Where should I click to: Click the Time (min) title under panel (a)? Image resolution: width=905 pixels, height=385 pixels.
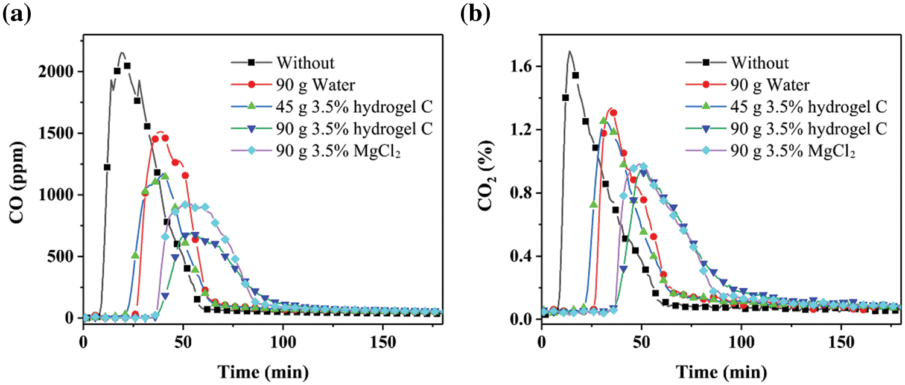(263, 369)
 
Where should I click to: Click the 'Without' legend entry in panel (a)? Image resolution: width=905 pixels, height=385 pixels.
(305, 62)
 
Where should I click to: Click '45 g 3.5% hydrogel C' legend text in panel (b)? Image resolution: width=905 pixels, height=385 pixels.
(809, 107)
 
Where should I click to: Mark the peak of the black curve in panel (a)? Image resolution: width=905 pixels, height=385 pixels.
(122, 52)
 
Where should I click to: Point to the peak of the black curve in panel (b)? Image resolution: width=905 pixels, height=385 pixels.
(569, 51)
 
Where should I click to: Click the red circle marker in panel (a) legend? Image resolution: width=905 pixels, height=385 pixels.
(252, 84)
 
